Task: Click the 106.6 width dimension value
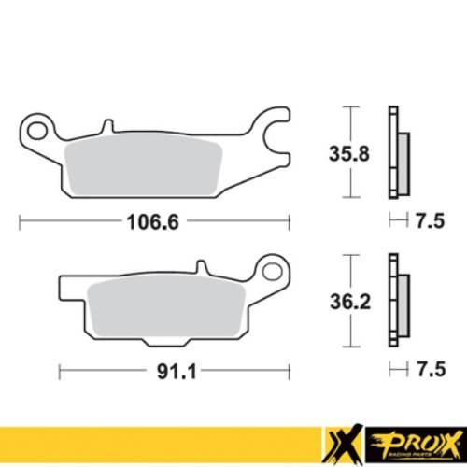coord(153,221)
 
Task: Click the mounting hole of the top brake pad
coord(38,124)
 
